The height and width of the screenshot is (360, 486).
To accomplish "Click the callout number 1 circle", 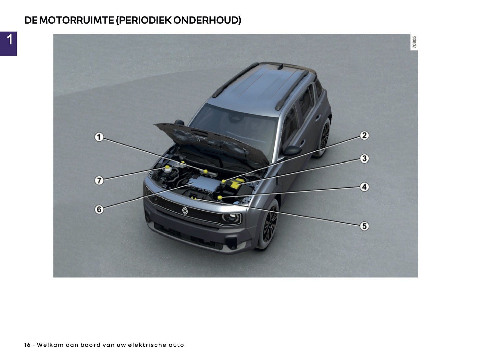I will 99,137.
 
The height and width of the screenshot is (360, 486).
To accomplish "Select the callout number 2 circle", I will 364,136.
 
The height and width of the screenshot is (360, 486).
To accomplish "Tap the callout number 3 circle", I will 364,158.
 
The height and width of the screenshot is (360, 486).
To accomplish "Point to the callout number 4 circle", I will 364,187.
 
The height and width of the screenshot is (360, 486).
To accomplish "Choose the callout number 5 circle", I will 364,226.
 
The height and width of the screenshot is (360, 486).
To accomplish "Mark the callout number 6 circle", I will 99,209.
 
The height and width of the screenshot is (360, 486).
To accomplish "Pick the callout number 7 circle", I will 99,180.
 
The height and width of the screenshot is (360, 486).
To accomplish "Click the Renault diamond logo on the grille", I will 185,210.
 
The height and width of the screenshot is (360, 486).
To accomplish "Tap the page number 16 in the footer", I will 27,345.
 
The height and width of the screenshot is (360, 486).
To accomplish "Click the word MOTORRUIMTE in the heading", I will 77,20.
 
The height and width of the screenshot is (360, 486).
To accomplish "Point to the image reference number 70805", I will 414,42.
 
